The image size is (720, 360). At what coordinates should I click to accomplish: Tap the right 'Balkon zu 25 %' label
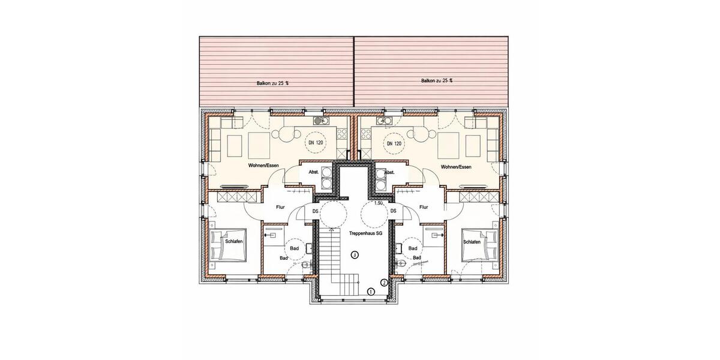click(437, 80)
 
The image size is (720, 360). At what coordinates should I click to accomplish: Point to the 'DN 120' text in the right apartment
click(394, 143)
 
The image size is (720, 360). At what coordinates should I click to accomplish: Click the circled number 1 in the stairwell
click(371, 292)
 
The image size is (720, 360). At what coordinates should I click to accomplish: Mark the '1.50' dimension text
click(379, 203)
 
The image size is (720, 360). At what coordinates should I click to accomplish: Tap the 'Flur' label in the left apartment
click(280, 208)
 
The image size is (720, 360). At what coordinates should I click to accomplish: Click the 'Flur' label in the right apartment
click(424, 208)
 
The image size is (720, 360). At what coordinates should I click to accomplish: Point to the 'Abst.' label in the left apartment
click(313, 172)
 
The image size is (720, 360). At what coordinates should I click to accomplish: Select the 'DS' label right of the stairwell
click(394, 211)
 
